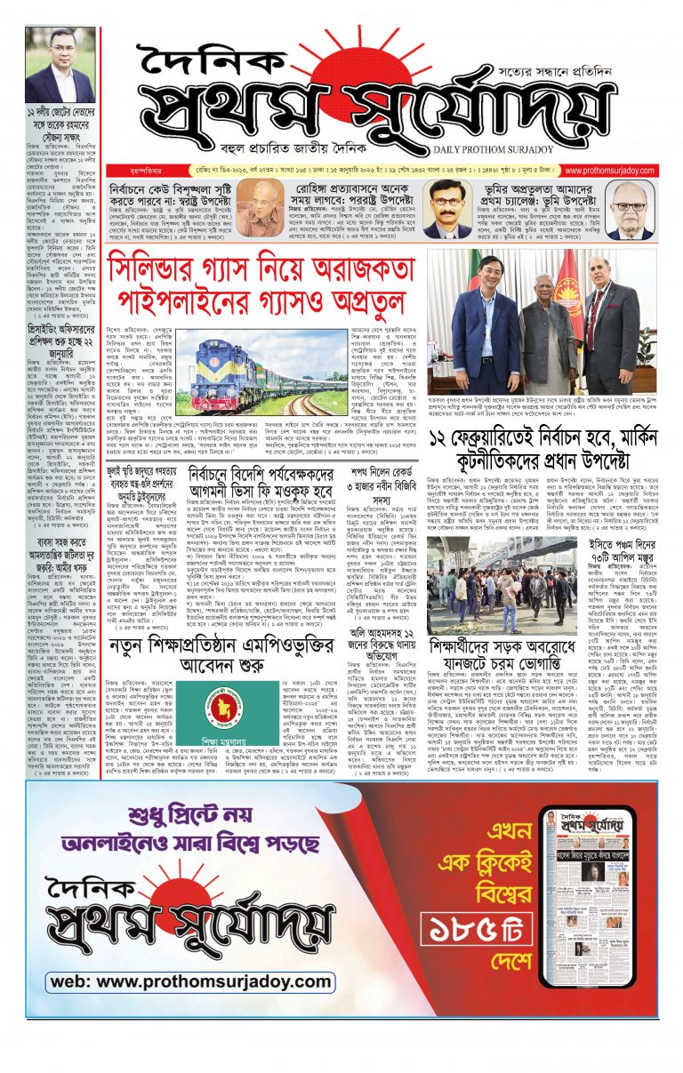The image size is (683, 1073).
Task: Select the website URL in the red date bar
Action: (609, 170)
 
